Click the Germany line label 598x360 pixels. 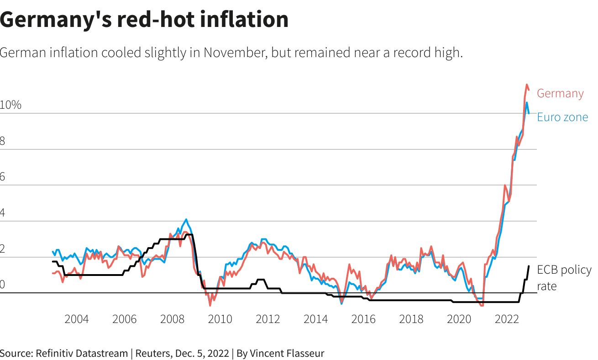560,94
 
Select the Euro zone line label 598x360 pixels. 562,117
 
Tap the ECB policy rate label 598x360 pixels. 564,278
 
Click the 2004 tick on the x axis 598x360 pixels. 77,319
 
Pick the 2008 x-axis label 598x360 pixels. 172,319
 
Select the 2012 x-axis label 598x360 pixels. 268,319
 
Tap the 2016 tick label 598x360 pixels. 363,319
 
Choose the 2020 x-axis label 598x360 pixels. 459,319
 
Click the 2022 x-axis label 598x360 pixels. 507,319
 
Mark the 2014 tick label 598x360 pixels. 315,319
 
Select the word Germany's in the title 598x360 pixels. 52,20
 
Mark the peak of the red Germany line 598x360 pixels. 527,85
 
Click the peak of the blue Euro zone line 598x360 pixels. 527,102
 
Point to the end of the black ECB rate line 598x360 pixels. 529,266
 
